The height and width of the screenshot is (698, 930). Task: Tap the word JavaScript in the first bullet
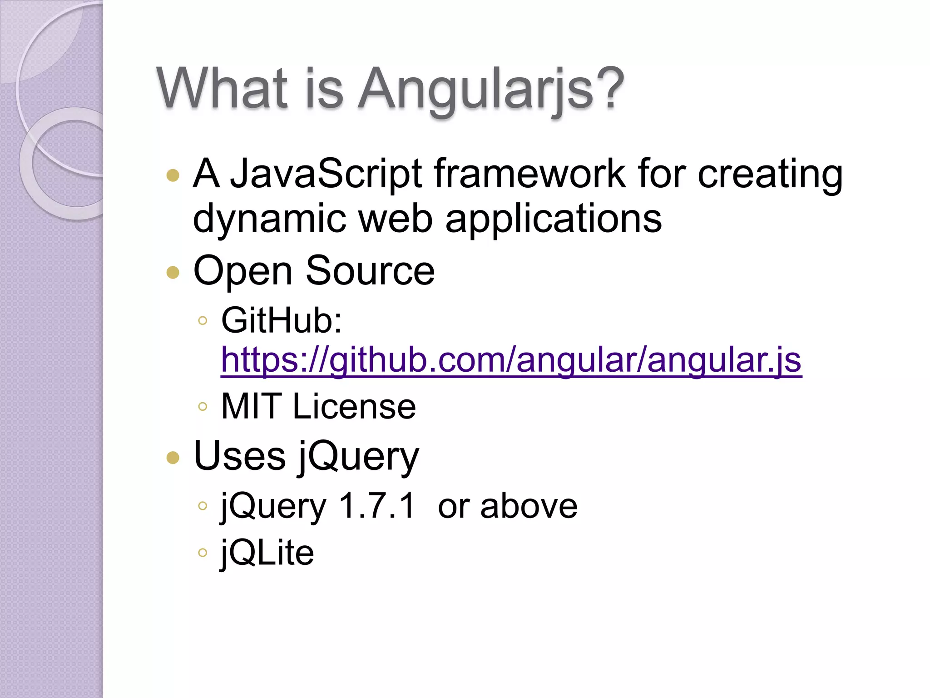326,174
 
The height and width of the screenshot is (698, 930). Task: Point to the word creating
770,175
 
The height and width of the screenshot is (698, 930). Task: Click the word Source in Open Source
370,272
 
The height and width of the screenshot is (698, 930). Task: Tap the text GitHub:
282,320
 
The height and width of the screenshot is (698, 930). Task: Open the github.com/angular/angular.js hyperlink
511,360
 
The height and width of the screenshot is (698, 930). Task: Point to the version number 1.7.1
377,506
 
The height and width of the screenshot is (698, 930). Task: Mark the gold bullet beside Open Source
173,272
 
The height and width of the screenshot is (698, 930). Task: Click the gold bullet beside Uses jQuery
173,457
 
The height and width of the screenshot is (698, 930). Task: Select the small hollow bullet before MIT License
203,406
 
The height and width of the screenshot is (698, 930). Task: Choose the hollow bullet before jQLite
203,553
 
